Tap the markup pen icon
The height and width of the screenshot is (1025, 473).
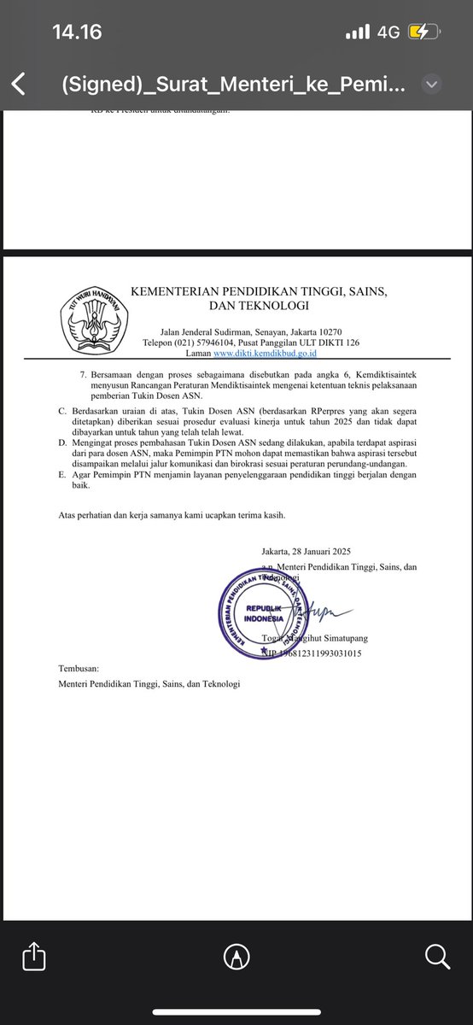(x=236, y=955)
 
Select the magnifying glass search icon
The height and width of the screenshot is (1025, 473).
(x=435, y=955)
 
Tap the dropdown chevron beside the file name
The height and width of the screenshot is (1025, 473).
(x=432, y=85)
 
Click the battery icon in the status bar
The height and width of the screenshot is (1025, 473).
(x=423, y=32)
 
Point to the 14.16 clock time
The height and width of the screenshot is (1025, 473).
(x=77, y=32)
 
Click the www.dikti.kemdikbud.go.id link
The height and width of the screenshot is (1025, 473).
(x=266, y=352)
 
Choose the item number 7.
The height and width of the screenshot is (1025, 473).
(x=82, y=374)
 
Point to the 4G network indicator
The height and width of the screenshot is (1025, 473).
(x=388, y=32)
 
